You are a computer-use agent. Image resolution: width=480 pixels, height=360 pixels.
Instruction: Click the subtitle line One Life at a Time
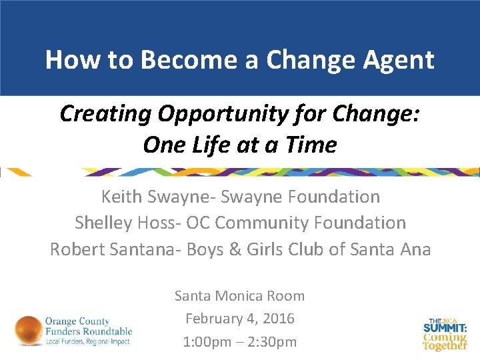tap(240, 144)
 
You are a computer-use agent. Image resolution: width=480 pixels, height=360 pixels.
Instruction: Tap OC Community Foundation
tap(297, 222)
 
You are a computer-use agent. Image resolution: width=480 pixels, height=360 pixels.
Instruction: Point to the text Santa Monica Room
tap(240, 295)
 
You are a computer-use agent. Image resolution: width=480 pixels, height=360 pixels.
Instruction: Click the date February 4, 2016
tap(240, 319)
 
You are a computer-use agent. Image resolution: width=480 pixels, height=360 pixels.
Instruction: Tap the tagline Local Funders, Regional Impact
tap(87, 341)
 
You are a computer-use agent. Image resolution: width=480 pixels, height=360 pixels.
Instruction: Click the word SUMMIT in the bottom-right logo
tap(443, 329)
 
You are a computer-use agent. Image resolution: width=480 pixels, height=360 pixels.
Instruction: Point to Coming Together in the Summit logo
tap(445, 341)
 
